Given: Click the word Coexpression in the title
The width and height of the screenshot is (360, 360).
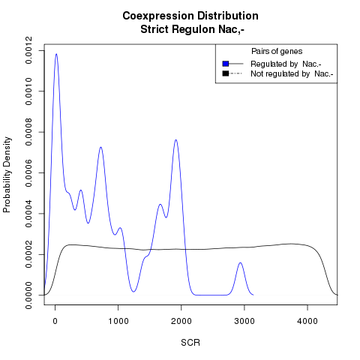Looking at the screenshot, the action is (158, 16).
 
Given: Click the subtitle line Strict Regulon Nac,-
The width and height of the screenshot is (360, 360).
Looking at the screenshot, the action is (192, 29).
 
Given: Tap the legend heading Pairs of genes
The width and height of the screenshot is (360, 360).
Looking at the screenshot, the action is (277, 51).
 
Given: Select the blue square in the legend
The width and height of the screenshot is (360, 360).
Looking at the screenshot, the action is (226, 64).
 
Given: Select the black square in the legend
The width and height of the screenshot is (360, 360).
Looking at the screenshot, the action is (226, 73).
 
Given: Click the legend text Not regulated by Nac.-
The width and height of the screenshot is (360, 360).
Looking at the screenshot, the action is (292, 74).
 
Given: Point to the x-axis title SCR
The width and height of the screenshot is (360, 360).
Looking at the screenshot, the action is (190, 343).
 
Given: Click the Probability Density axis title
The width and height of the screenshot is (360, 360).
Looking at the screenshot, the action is (7, 175).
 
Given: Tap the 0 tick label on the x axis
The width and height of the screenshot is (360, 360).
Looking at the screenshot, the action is (55, 321).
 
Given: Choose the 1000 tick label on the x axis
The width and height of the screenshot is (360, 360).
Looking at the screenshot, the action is (118, 321).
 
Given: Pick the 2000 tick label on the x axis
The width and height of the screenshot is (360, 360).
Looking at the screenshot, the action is (181, 321).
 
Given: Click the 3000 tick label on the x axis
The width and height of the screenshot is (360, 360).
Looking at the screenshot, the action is (244, 321).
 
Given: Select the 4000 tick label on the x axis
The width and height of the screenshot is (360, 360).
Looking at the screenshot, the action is (307, 321).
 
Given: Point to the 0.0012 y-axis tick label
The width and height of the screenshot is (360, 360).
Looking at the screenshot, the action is (28, 50).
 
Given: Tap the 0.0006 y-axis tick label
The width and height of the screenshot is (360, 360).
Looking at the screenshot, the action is (28, 172).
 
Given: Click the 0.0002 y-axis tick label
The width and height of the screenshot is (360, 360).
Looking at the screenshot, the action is (28, 254).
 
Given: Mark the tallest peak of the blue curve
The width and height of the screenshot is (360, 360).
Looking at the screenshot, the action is (56, 54).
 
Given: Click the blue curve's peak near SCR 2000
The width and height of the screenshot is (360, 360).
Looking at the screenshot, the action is (176, 139).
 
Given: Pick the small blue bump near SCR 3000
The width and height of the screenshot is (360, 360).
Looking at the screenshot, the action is (240, 262).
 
